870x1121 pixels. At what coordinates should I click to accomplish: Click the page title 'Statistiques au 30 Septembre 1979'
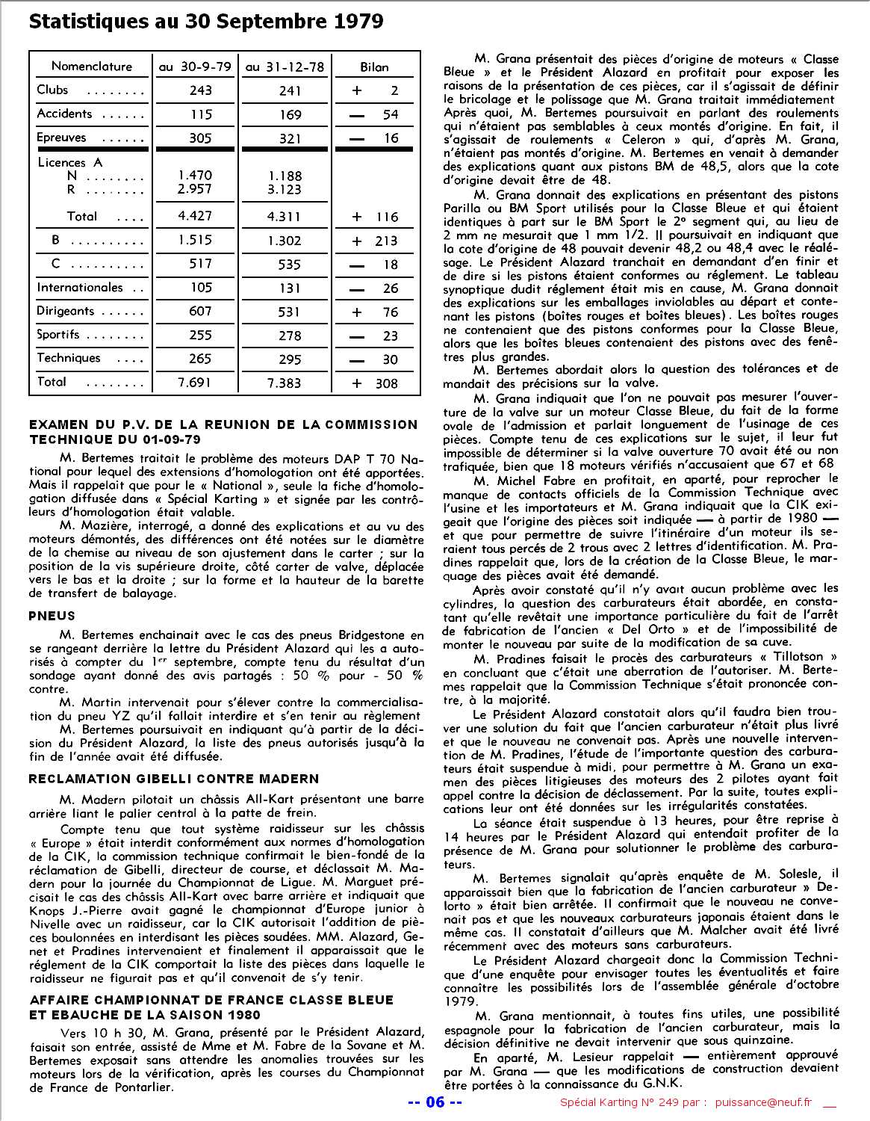[205, 22]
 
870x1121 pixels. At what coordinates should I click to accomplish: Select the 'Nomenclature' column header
[91, 67]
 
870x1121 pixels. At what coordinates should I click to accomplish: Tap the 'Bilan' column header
[374, 67]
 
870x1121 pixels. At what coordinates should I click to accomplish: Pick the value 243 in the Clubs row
[200, 90]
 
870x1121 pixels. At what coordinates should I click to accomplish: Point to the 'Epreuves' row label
[62, 138]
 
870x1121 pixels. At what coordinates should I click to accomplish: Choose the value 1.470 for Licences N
[195, 176]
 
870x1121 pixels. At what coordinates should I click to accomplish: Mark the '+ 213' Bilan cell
[375, 241]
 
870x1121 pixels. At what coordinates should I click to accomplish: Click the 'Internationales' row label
[80, 288]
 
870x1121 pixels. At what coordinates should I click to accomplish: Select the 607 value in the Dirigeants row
[200, 312]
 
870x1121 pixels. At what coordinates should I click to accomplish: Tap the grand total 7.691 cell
[195, 383]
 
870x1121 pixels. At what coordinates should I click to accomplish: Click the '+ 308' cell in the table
[375, 383]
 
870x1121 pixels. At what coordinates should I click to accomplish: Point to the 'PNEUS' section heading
[52, 616]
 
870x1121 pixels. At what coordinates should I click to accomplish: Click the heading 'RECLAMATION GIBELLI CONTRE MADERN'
[174, 779]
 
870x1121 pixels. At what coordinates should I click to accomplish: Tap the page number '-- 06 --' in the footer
[435, 1102]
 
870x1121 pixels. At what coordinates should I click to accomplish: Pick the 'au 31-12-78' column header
[285, 67]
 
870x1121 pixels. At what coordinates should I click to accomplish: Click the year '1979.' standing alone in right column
[458, 1000]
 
